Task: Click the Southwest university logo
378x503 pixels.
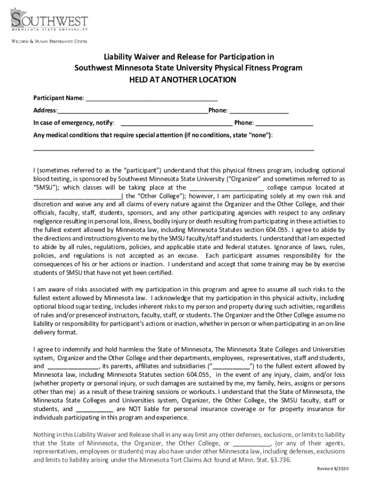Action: pos(49,23)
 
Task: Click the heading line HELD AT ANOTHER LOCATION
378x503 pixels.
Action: pos(189,80)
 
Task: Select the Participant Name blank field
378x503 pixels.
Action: pos(152,99)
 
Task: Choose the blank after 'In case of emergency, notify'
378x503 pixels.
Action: pos(176,123)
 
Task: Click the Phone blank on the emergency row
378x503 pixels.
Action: pos(284,123)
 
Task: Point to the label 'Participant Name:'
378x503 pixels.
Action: pos(58,98)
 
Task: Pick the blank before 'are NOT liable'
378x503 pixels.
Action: pos(95,409)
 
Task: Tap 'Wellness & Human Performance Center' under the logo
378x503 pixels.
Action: pos(49,42)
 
